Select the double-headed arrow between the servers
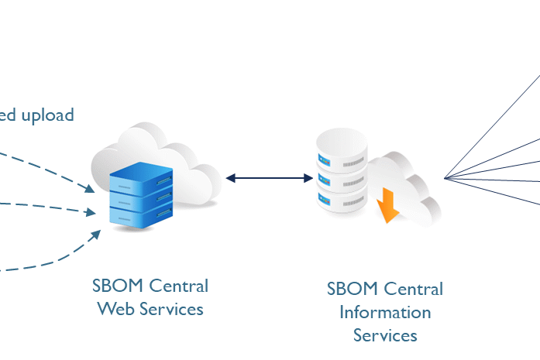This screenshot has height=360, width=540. tap(269, 178)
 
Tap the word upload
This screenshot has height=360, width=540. tap(47, 115)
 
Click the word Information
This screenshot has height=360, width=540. tap(385, 313)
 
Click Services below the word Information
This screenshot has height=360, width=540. tap(385, 335)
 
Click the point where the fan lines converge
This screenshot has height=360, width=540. tap(445, 179)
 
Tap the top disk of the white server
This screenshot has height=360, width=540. tap(341, 146)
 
